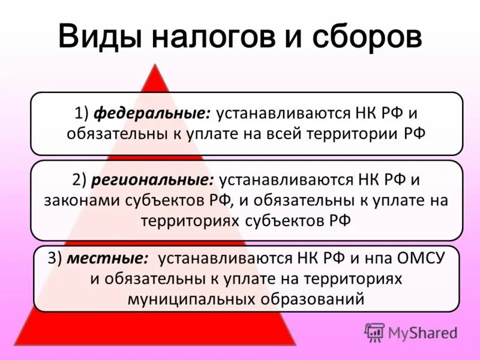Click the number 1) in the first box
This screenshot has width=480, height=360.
(81, 113)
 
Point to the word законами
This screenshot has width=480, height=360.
(72, 200)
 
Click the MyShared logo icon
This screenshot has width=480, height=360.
(374, 332)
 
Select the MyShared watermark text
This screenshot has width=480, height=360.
(422, 332)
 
